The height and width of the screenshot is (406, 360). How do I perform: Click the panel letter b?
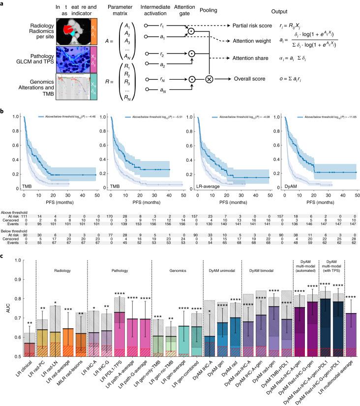3,112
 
